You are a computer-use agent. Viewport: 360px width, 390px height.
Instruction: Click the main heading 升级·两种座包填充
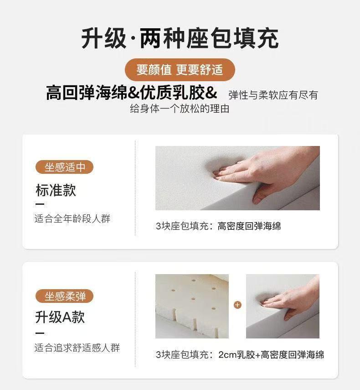point(180,39)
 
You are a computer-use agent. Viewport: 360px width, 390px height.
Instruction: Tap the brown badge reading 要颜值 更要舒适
point(180,70)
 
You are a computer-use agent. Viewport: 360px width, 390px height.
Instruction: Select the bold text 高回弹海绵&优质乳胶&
point(132,93)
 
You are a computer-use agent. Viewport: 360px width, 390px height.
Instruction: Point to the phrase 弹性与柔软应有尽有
point(273,95)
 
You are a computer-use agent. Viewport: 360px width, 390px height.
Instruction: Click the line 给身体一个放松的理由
point(180,109)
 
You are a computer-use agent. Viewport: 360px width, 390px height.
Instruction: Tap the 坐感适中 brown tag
point(65,167)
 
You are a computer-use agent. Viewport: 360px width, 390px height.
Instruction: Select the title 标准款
point(56,190)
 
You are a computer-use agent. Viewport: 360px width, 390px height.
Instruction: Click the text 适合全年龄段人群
point(72,218)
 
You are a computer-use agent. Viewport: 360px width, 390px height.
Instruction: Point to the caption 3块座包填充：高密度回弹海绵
point(218,226)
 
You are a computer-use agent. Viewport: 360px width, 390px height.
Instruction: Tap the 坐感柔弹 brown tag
point(65,296)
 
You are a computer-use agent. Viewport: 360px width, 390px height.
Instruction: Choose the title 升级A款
point(60,317)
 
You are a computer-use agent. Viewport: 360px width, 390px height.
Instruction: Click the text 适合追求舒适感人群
point(77,348)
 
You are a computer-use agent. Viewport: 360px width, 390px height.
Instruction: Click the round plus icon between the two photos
point(237,305)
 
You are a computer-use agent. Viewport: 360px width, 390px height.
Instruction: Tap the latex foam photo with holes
point(192,306)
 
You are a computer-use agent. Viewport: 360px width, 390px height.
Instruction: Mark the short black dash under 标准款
point(40,204)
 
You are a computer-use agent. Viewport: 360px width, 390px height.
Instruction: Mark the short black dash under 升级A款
point(40,333)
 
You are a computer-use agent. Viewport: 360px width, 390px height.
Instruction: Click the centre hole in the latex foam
point(193,299)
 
